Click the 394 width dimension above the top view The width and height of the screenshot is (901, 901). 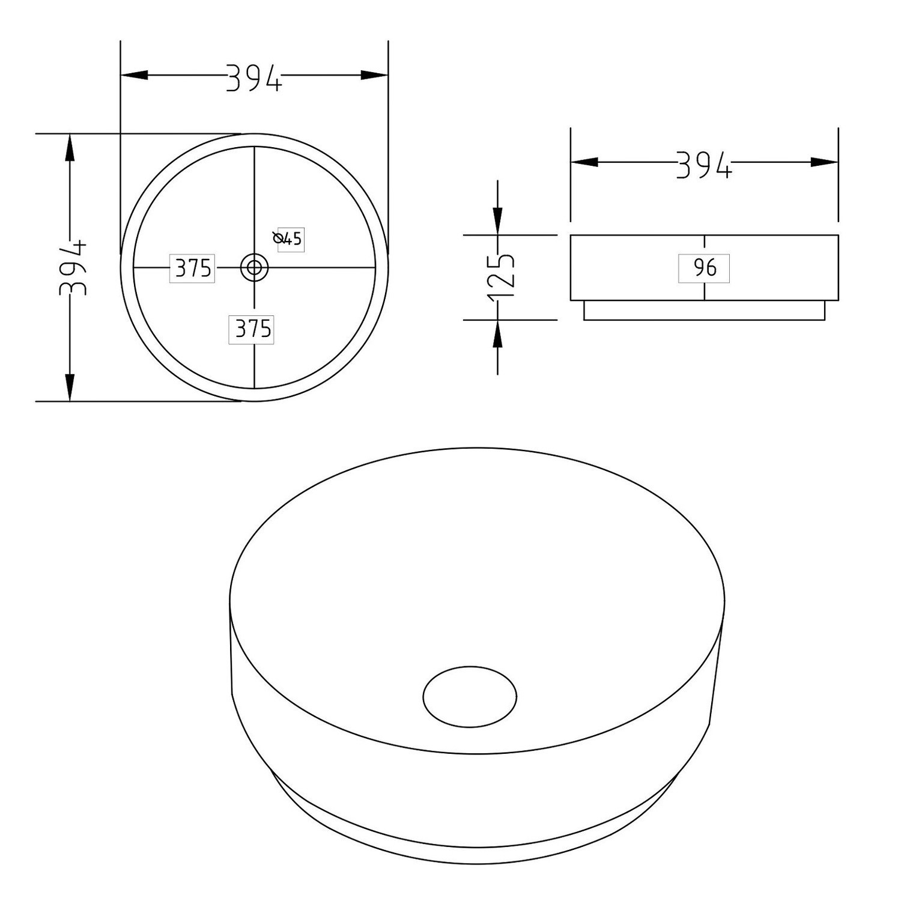[x=253, y=78]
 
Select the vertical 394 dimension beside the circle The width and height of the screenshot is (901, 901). [x=73, y=268]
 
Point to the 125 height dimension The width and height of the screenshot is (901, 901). [x=502, y=278]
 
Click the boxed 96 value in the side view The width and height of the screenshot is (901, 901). [x=704, y=268]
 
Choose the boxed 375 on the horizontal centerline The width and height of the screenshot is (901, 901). [x=192, y=268]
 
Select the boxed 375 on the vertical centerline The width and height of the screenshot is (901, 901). [x=252, y=329]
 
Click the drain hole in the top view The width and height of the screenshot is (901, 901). [x=254, y=267]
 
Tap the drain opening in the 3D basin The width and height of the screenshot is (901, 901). [x=470, y=697]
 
